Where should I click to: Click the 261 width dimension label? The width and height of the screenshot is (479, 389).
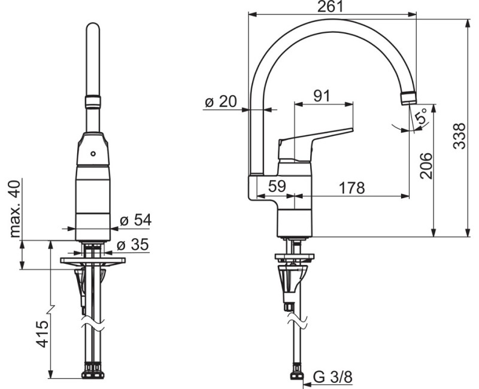point(331,7)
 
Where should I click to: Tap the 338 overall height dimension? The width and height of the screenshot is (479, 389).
point(459,136)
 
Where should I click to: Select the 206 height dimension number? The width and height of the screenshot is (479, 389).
point(426,166)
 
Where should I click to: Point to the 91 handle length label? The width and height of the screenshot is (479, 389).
point(322,96)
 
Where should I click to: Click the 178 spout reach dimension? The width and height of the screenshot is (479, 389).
point(352,188)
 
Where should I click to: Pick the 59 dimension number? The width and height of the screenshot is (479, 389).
point(277,186)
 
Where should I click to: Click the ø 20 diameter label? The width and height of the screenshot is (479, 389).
point(221,101)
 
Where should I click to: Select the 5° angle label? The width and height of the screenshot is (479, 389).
point(422,116)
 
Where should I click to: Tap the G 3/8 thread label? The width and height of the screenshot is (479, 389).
point(333,378)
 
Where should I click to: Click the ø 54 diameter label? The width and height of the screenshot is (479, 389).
point(136,220)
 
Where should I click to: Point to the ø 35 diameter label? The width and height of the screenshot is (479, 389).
point(133,245)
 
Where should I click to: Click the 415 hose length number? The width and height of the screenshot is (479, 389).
point(42,334)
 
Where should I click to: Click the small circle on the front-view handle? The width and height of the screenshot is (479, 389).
point(93,154)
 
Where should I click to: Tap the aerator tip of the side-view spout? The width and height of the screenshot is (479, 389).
point(408,98)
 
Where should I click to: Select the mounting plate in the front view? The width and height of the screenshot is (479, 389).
point(93,261)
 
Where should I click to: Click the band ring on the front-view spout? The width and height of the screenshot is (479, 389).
point(93,101)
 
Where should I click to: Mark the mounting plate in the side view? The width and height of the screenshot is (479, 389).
point(295,257)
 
